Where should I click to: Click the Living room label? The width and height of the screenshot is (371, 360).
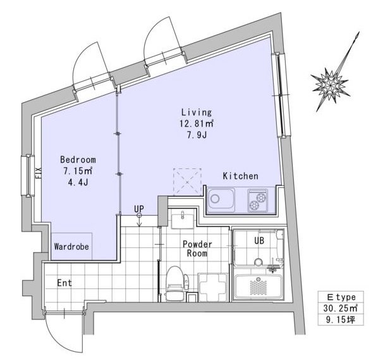197,112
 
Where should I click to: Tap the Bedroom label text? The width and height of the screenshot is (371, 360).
78,159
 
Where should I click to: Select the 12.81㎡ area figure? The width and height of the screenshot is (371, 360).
197,123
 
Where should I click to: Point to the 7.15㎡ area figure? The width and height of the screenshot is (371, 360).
77,171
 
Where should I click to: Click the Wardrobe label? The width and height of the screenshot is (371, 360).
71,247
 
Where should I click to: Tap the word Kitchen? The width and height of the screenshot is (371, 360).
240,176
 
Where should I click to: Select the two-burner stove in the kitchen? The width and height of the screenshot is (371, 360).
258,200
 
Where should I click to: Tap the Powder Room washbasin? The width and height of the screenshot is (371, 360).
183,219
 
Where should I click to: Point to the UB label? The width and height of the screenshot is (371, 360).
259,241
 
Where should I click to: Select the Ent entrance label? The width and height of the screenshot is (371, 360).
64,283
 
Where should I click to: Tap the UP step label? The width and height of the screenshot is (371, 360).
139,209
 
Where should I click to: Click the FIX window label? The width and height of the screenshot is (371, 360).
39,173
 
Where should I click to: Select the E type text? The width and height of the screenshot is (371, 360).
341,297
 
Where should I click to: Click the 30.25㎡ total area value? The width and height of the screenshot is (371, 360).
340,308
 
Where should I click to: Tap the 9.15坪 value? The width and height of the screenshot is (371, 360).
340,320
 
